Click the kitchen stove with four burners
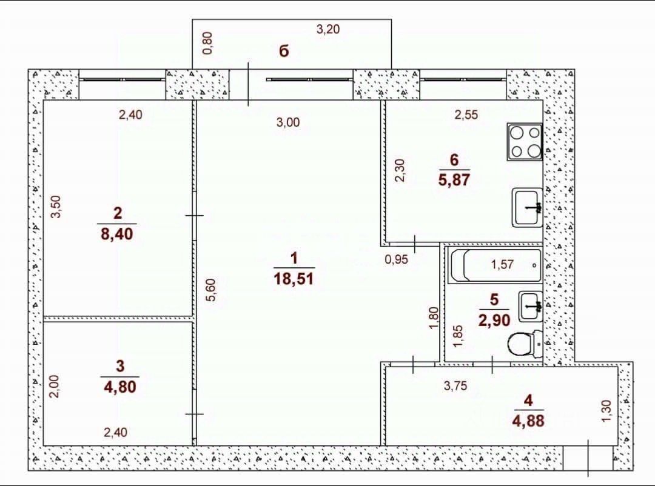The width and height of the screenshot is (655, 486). pos(525,141)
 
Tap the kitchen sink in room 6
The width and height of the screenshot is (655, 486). pos(527,207)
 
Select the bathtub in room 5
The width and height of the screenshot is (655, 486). pos(495,265)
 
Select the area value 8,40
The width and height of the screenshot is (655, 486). pos(117,233)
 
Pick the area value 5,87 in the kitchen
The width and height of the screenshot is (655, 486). pos(454,179)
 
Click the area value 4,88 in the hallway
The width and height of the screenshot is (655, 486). pos(528,420)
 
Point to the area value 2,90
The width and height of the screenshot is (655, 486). pos(494,320)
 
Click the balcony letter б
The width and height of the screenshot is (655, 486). pos(284,52)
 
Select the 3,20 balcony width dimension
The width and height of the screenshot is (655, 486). pos(327,29)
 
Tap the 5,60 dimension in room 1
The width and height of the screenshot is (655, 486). pos(211,290)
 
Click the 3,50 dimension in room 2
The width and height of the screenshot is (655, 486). pos(56,206)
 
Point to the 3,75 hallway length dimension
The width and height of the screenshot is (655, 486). pos(455,386)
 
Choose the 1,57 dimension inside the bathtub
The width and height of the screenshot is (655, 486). pos(502,264)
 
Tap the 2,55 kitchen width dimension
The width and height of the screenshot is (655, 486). pos(466,115)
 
